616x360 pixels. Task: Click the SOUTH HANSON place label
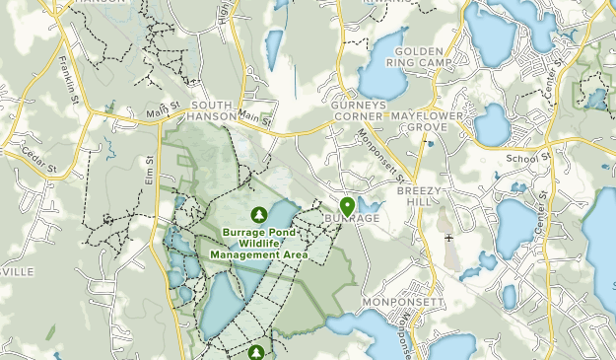click(214, 109)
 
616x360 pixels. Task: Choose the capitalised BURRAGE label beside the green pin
click(352, 218)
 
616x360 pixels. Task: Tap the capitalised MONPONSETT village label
click(404, 301)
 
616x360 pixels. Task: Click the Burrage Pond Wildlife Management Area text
click(259, 244)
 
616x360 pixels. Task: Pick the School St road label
click(526, 158)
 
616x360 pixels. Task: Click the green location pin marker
click(347, 205)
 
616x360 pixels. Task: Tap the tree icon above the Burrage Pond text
click(259, 214)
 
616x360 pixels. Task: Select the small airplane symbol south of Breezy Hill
click(449, 238)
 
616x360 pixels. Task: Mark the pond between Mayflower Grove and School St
click(491, 125)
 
